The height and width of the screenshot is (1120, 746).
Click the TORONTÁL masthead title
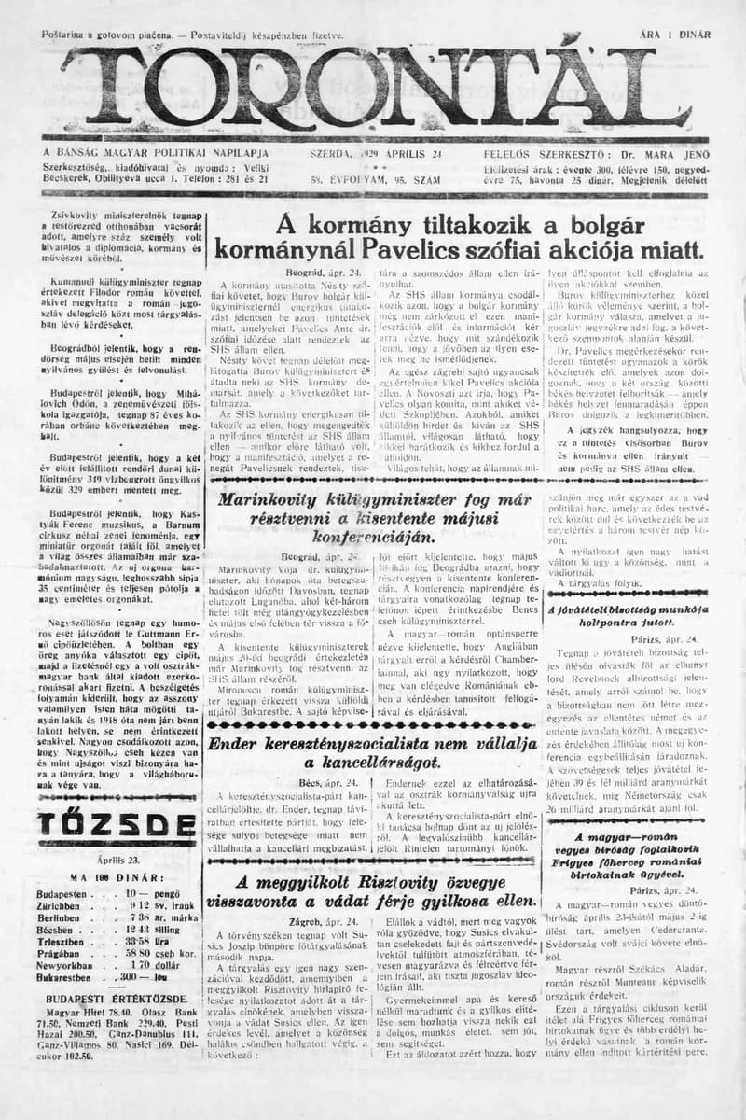coord(373,89)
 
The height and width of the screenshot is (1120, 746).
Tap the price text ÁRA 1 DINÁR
coord(675,35)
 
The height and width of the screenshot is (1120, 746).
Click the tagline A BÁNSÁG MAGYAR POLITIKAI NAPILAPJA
coord(156,152)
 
